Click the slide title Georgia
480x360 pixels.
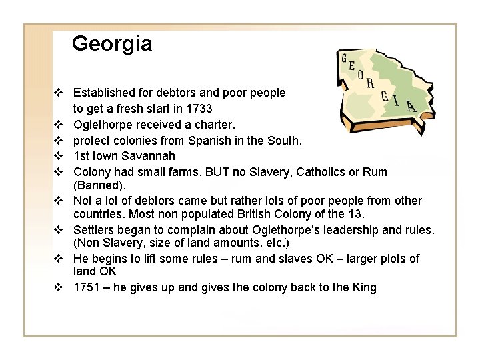pyautogui.click(x=112, y=44)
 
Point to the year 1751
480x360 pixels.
pyautogui.click(x=87, y=287)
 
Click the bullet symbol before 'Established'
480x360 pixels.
pyautogui.click(x=59, y=93)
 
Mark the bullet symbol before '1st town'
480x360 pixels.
pyautogui.click(x=59, y=157)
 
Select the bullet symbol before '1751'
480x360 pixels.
pyautogui.click(x=59, y=287)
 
